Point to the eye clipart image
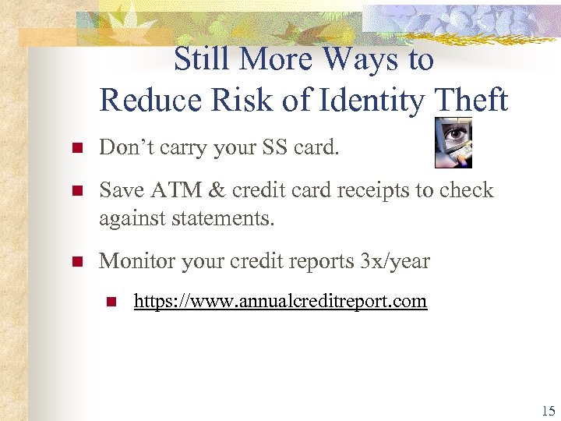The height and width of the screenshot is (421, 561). [x=453, y=142]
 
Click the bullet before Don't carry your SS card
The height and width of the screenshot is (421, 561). [x=76, y=149]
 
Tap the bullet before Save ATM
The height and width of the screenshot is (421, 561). [x=76, y=192]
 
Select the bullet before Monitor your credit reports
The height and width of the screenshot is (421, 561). [x=76, y=262]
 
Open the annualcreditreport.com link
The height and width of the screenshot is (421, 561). [x=280, y=300]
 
